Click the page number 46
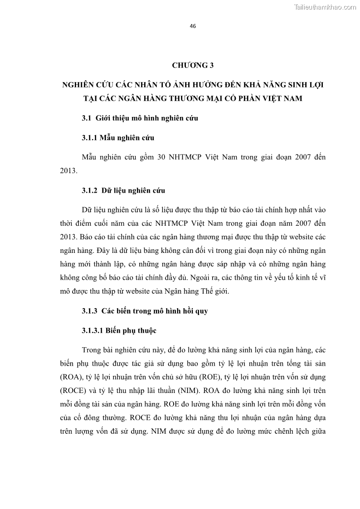point(193,26)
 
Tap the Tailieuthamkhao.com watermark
point(326,7)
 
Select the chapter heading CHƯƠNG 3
point(193,66)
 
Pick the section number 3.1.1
point(91,138)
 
